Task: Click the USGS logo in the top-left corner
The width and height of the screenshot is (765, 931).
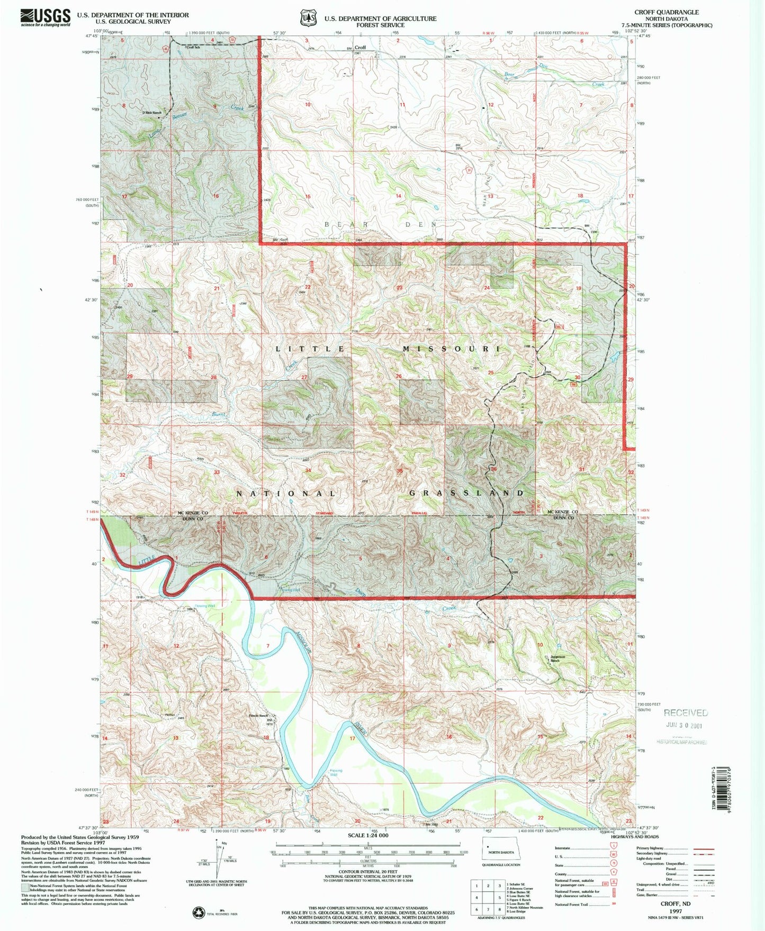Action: click(x=46, y=17)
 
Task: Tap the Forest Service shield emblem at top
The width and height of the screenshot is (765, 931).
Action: click(x=307, y=17)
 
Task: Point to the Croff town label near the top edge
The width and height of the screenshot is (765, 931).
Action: click(x=360, y=48)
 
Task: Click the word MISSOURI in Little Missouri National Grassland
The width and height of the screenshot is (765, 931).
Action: click(x=451, y=349)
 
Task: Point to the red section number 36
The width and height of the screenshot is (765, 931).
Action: click(x=493, y=469)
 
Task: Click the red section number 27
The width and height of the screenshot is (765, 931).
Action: click(x=304, y=377)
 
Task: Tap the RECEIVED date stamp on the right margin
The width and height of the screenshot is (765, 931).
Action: click(x=686, y=719)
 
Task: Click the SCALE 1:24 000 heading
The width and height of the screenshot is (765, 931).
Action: click(x=368, y=835)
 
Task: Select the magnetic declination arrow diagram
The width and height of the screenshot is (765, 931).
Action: click(x=218, y=859)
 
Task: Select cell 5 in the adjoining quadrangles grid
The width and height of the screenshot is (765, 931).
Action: click(x=500, y=897)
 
